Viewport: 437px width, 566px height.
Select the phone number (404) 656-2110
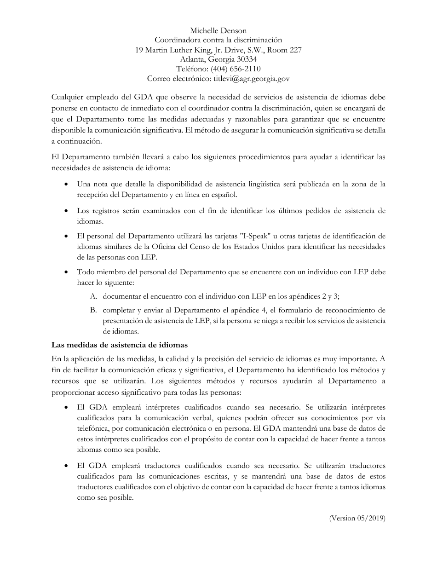pos(236,69)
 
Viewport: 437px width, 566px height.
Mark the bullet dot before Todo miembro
pos(67,272)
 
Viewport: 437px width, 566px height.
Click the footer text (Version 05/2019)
pos(357,518)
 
